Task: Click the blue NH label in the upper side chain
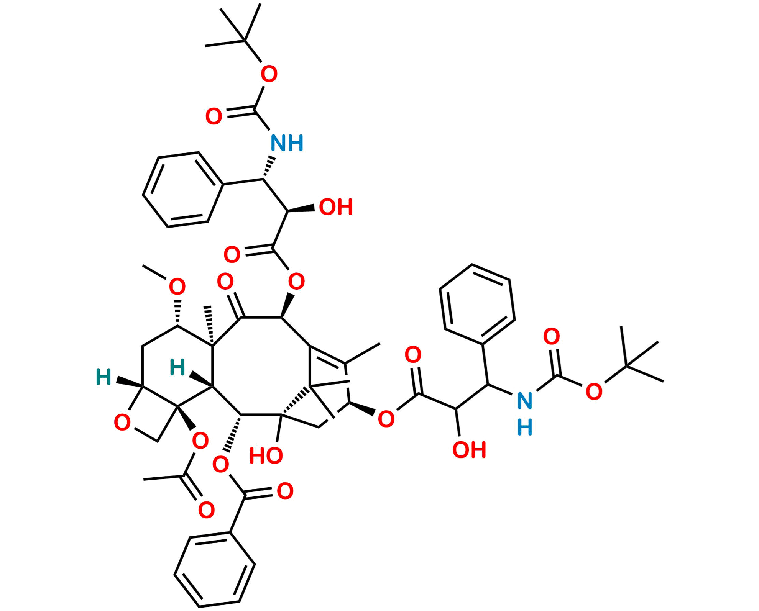[287, 143]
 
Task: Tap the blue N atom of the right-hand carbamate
[524, 400]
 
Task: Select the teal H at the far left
[103, 377]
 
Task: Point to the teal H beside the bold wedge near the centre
[177, 367]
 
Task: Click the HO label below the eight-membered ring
[266, 456]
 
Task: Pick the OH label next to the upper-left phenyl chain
[336, 207]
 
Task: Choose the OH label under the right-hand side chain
[469, 450]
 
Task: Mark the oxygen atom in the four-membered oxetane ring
[122, 423]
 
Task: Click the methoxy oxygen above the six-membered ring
[177, 287]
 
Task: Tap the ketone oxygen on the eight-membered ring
[225, 282]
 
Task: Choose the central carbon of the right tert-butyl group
[626, 366]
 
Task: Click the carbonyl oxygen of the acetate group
[206, 510]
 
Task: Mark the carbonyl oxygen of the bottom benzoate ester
[285, 491]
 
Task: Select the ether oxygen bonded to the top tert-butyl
[269, 74]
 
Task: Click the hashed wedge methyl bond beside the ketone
[210, 326]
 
